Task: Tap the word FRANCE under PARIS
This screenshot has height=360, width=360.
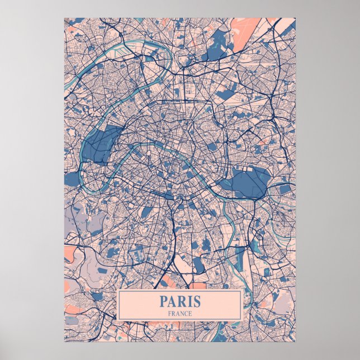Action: click(179, 314)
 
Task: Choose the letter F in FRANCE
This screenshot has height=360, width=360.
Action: click(169, 314)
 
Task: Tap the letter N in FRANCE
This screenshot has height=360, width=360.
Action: click(181, 314)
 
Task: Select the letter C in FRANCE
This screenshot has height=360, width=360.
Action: click(185, 314)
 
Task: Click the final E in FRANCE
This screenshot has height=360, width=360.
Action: click(190, 314)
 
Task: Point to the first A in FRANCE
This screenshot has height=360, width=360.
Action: click(176, 314)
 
